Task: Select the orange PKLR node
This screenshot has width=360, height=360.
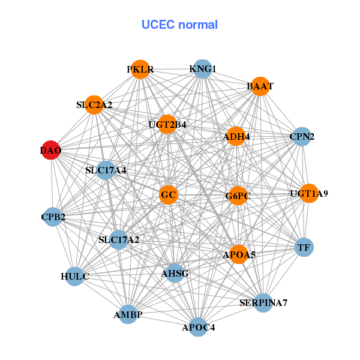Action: point(140,69)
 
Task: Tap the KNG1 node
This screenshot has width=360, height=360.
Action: point(202,69)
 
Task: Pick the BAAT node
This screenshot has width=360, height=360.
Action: point(260,86)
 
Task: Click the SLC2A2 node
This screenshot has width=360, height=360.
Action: point(94,104)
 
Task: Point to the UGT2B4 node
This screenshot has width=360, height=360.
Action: point(167,125)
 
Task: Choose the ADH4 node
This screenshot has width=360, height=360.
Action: point(237,136)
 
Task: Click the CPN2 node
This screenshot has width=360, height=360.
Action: point(302,136)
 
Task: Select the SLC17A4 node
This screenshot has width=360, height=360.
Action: point(106,170)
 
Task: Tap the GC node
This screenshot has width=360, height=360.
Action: point(169,194)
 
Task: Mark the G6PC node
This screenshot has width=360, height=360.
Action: point(238,196)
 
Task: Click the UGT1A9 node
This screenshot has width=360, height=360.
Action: point(309,193)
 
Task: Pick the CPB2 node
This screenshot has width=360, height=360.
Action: point(53,216)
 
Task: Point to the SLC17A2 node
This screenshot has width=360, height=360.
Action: point(119,240)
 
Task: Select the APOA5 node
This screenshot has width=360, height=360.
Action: point(239,254)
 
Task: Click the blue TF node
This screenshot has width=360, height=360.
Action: point(304,247)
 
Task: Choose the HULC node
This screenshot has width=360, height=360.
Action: point(75,277)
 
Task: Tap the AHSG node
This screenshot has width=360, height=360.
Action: point(175,274)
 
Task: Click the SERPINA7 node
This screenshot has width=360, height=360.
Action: point(263,302)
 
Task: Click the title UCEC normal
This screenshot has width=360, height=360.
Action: point(179,25)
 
